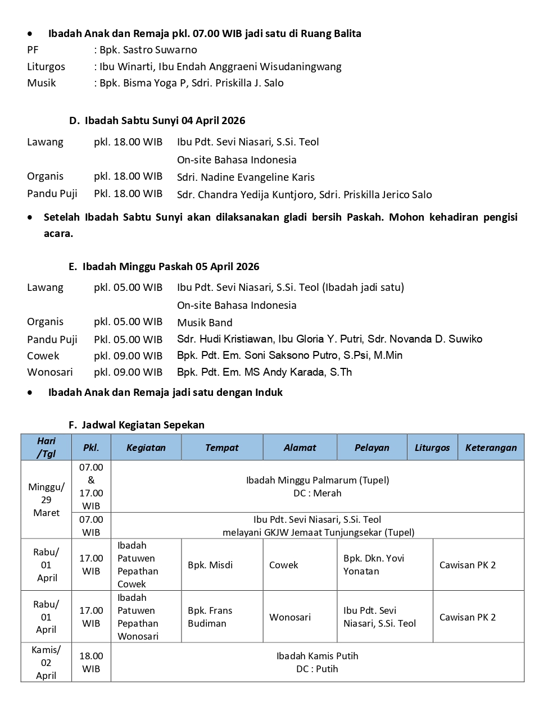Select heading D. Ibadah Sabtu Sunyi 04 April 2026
coord(157,121)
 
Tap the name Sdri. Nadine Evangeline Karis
coord(246,177)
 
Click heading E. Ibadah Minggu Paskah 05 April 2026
coord(164,267)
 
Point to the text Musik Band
coord(205,323)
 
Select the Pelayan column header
coord(372,448)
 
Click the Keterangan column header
coord(491,448)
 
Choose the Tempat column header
coord(221,448)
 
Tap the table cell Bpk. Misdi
coord(210,565)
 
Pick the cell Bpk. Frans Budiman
coord(210,617)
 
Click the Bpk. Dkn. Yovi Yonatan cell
coord(374,565)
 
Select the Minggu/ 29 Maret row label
coord(46,500)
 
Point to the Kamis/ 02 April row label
coord(46,663)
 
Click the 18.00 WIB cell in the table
coord(91,663)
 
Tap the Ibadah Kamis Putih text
coord(317,656)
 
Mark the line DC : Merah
coord(317,493)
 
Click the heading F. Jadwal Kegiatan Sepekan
coord(137,425)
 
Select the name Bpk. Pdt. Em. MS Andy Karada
coord(264,372)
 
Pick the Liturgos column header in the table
coord(432,448)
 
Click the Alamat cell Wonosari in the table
coord(289,617)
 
